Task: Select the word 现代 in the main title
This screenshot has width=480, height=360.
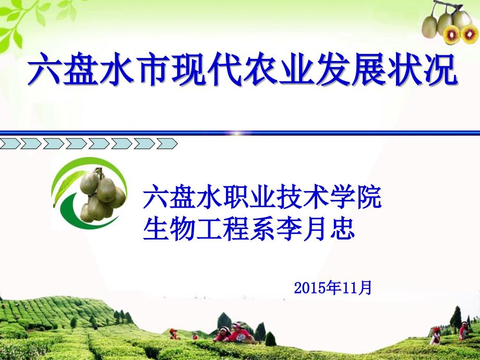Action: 206,68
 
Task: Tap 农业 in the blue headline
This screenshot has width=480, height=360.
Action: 279,68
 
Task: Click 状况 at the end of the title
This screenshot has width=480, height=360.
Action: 422,68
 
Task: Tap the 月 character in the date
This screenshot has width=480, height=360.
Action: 365,288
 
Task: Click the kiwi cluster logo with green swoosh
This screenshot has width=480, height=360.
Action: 89,193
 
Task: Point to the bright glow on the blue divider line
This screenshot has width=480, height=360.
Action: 237,133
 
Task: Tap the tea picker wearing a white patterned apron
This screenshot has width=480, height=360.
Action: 241,333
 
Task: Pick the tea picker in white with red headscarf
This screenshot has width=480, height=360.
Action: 435,336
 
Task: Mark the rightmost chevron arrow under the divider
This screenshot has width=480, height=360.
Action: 167,143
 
